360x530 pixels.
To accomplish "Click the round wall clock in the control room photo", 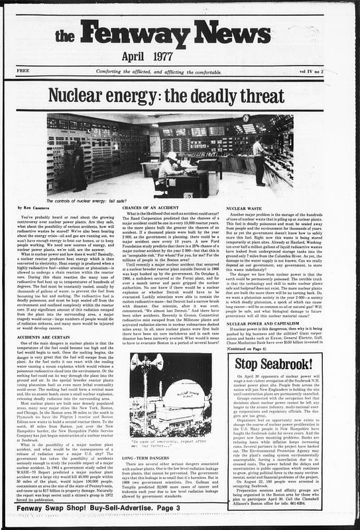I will tap(245, 118).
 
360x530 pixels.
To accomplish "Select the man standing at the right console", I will tap(258, 159).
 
